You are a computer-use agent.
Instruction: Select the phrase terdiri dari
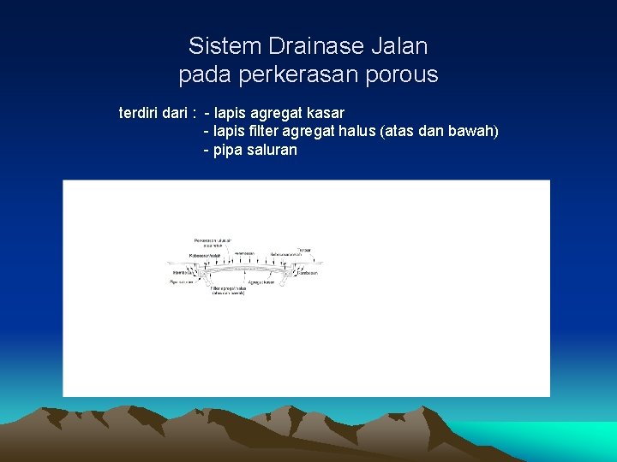click(154, 113)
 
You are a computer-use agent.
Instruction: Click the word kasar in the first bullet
click(326, 113)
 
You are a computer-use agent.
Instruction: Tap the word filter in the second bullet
click(262, 131)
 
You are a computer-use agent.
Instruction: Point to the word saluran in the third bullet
click(273, 150)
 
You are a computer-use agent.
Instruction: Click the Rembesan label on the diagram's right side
click(308, 273)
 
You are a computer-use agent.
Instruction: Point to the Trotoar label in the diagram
click(304, 250)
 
